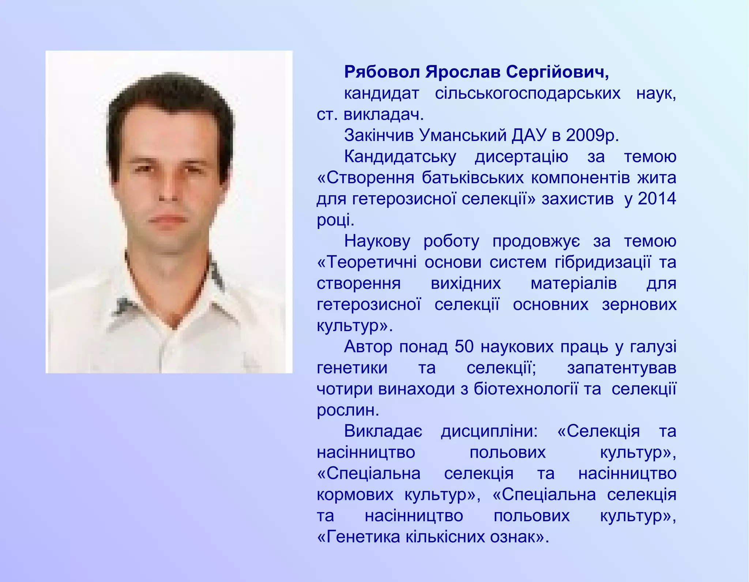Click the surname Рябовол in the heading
[x=382, y=72]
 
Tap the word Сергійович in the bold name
[x=557, y=72]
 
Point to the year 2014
[x=657, y=199]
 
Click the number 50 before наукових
[x=464, y=346]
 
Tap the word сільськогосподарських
[x=527, y=94]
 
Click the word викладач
[x=384, y=114]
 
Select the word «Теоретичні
[x=367, y=262]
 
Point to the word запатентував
[x=621, y=368]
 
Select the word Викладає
[x=383, y=431]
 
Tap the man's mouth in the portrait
[x=167, y=219]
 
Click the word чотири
[x=345, y=389]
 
